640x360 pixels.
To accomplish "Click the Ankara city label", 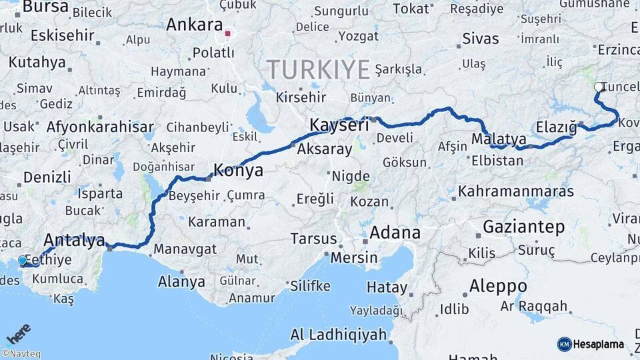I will coord(194,25).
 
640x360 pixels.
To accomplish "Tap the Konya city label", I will coord(238,171).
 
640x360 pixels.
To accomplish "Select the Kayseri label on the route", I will coord(339,125).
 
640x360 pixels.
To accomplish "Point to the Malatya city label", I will coord(499,139).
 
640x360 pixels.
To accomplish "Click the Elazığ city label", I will coord(555,127).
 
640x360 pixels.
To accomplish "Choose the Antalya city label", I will coord(74,240).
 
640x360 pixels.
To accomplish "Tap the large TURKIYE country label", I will coord(319,69).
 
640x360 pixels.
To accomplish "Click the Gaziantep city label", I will coord(523,227).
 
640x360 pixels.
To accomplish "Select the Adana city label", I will coord(395,233).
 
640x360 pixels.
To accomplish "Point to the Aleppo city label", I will coord(498,287).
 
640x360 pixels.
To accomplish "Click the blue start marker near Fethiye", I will coord(23,261).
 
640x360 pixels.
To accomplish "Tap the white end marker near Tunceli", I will coord(598,87).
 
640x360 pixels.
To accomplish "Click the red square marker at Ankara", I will coord(228,33).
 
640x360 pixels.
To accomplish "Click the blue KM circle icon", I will coord(564,344).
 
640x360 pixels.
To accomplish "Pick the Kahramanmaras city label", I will coord(515,191).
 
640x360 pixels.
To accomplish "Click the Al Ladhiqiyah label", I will coord(338,335).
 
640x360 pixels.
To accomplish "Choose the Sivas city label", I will coord(480,38).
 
